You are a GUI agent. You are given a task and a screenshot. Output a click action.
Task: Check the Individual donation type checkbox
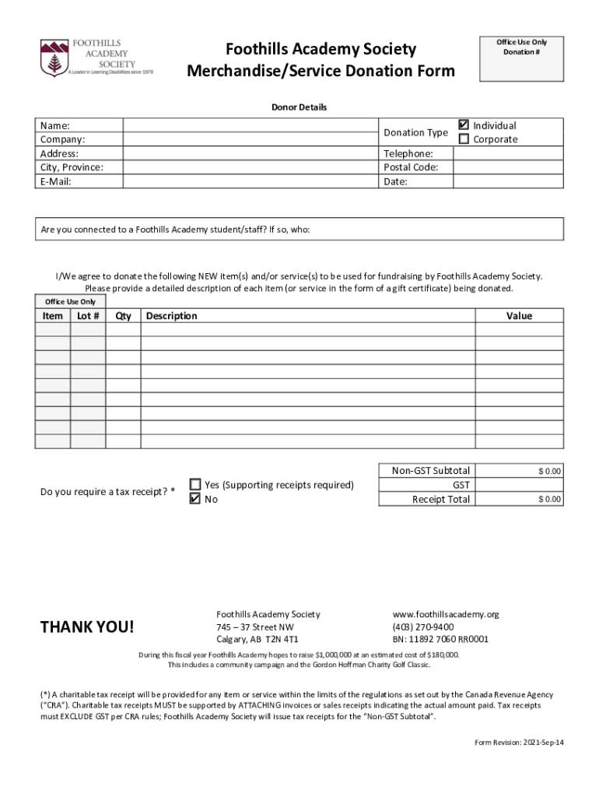[x=464, y=125]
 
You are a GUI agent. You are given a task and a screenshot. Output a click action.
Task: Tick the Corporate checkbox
[x=464, y=139]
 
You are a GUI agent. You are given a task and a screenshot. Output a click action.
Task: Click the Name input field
[x=250, y=125]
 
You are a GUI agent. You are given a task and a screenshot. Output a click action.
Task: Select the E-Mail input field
[x=250, y=181]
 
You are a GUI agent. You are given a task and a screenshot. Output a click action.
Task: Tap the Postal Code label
[x=411, y=167]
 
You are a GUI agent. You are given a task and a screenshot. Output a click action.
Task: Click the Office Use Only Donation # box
[x=521, y=59]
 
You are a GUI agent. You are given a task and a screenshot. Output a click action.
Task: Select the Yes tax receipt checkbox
[x=195, y=484]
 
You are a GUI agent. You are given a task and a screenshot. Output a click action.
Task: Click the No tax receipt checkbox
[x=195, y=499]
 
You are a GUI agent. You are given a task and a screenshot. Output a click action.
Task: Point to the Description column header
[x=172, y=316]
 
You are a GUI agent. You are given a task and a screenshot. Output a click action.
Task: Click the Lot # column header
[x=88, y=316]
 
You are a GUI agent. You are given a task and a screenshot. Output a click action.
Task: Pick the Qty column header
[x=123, y=316]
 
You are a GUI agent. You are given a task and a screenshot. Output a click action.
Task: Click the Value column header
[x=519, y=316]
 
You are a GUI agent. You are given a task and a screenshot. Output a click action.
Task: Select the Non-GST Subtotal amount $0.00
[x=549, y=471]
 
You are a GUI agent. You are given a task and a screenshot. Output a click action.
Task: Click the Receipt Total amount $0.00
[x=549, y=499]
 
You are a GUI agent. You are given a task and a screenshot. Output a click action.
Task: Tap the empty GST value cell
[x=519, y=485]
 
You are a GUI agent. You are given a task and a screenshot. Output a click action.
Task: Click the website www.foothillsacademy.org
[x=445, y=614]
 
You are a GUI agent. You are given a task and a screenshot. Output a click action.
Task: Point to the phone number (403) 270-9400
[x=423, y=627]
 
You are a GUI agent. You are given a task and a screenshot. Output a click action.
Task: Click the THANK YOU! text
[x=87, y=627]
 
